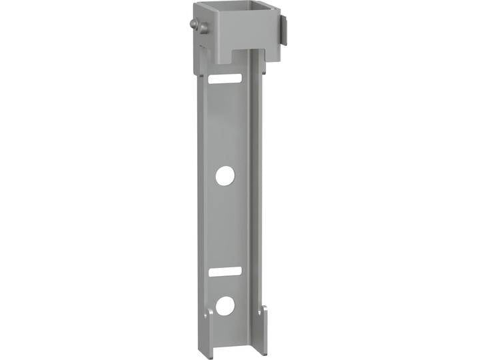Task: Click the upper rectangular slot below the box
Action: tap(225, 79)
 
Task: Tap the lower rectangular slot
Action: tap(225, 271)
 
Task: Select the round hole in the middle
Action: tap(225, 176)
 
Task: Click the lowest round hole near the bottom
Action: tap(225, 305)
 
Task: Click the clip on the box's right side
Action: tap(284, 31)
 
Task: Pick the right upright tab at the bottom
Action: tap(262, 330)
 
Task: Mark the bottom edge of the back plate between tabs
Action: tap(234, 349)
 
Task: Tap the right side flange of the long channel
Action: tap(257, 200)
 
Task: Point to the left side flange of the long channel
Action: tap(201, 200)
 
